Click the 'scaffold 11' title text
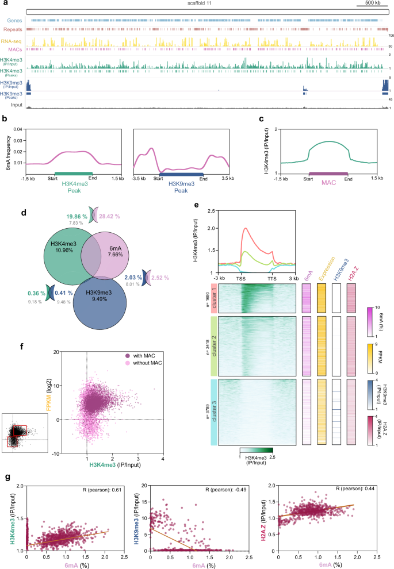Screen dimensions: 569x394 click(197, 5)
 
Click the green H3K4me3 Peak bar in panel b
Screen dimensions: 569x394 click(73, 172)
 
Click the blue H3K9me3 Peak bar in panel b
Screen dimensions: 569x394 click(181, 172)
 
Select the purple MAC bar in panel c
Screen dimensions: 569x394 click(328, 172)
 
